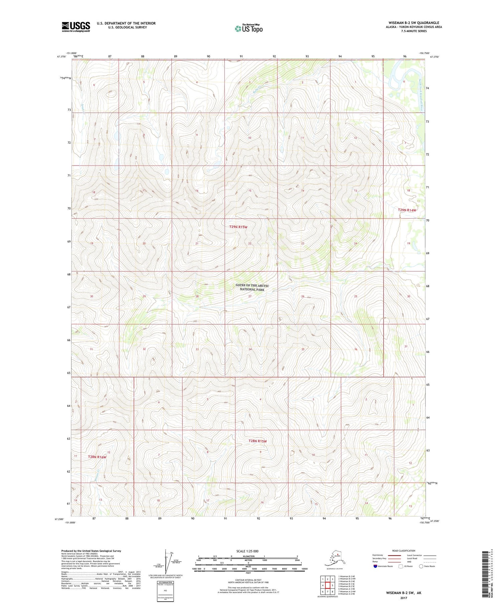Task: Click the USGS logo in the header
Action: (x=76, y=27)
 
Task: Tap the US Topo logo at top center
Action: (x=248, y=28)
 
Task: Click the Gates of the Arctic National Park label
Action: (x=252, y=287)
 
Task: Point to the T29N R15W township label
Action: (x=238, y=227)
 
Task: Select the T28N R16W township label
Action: (x=97, y=457)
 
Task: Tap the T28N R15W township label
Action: (x=258, y=441)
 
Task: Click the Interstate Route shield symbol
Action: (x=375, y=566)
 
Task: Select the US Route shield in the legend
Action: (x=400, y=566)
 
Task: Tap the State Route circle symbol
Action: (x=421, y=566)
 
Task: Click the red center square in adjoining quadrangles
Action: (x=328, y=585)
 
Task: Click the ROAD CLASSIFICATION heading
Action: (x=403, y=551)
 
